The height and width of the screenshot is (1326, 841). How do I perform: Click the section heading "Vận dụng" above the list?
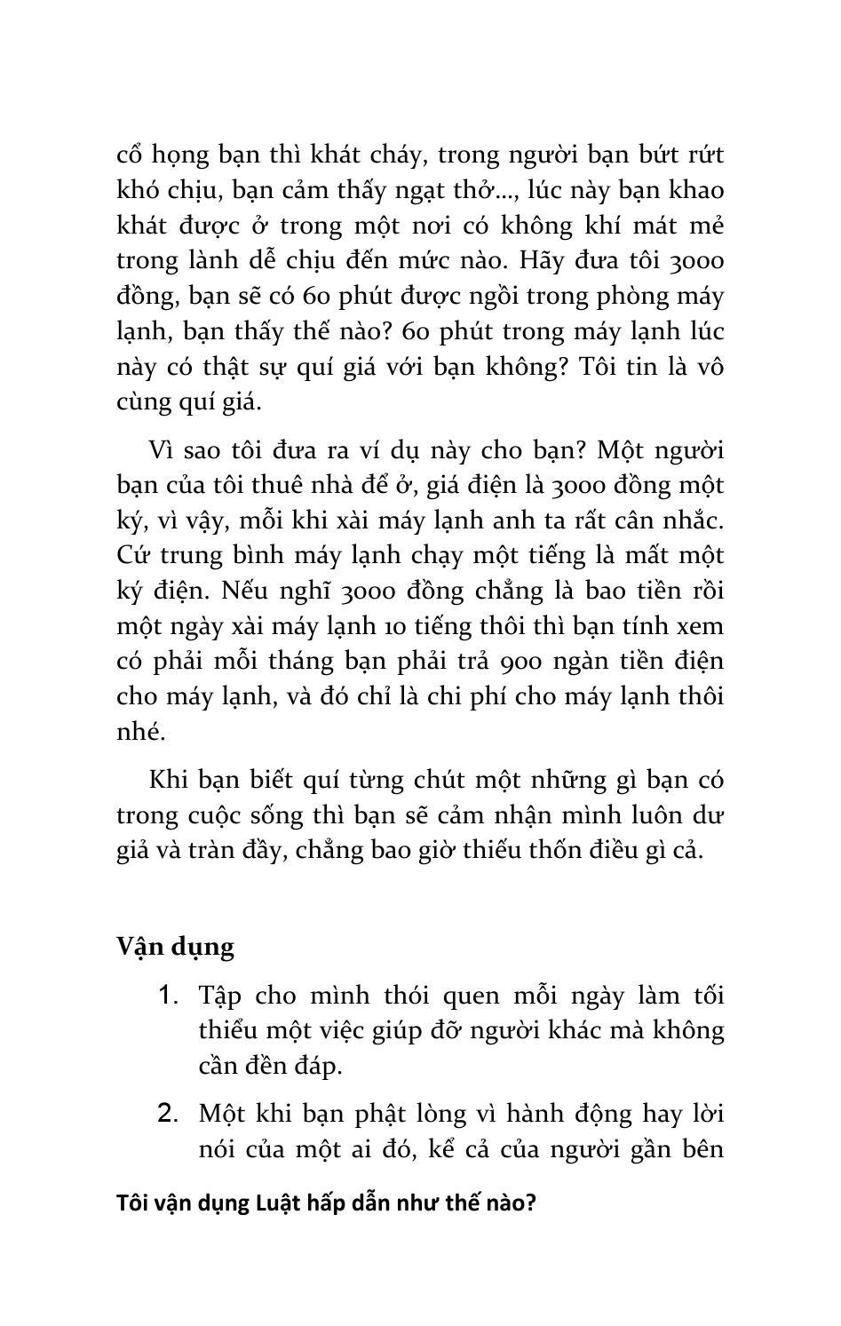tap(175, 947)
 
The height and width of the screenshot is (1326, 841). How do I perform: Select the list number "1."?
tap(168, 995)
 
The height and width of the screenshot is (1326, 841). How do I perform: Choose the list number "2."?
tap(168, 1113)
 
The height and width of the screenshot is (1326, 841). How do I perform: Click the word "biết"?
tap(266, 781)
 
